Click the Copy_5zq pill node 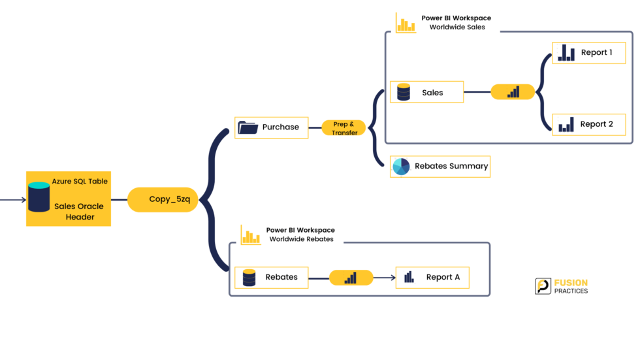tap(163, 199)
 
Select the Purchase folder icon tap(248, 127)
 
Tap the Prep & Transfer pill tap(344, 128)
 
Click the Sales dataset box tap(426, 92)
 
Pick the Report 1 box tap(588, 53)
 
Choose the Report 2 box tap(588, 125)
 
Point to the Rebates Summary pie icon tap(401, 167)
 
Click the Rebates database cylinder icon tap(249, 278)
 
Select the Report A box tap(432, 278)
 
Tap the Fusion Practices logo tap(561, 286)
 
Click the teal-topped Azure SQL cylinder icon tap(39, 197)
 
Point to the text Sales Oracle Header tap(79, 212)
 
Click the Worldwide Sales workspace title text tap(456, 22)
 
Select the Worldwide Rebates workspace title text tap(300, 235)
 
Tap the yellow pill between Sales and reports tap(513, 92)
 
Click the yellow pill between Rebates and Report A tap(351, 278)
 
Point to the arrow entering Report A tap(385, 278)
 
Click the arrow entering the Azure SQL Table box tap(13, 199)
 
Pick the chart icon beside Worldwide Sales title tap(406, 24)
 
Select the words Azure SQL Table tap(80, 181)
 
